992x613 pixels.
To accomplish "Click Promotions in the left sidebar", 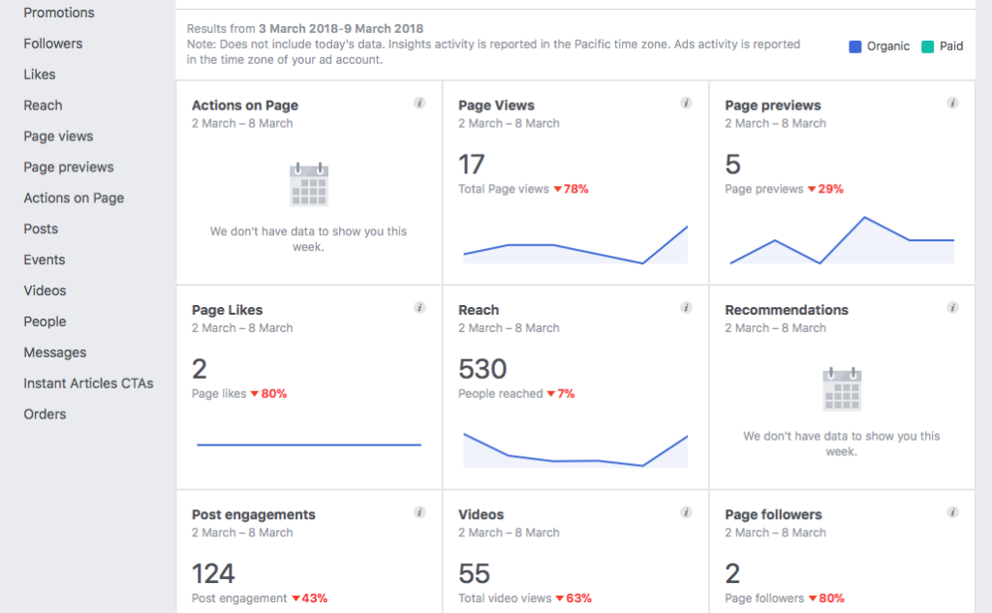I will (59, 13).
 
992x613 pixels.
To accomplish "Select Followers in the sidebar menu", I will (53, 44).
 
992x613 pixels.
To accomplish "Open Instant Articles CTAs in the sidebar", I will (88, 383).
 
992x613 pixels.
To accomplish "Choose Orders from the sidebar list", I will (45, 414).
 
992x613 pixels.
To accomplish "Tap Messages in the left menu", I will (55, 352).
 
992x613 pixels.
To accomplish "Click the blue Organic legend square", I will (855, 46).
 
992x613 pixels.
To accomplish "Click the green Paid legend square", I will (927, 46).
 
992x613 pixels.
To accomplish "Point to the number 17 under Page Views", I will (472, 164).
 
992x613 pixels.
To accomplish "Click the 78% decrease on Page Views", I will (572, 189).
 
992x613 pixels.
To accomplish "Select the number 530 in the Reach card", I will (482, 369).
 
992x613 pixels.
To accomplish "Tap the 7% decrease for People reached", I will (561, 394).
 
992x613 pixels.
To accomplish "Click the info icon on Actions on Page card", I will (419, 104).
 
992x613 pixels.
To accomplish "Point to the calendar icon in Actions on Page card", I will (309, 184).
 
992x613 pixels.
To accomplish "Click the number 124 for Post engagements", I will (213, 573).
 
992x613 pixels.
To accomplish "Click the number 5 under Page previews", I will (732, 164).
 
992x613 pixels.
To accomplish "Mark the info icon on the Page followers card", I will (952, 512).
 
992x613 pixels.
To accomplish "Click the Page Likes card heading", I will (228, 310).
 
